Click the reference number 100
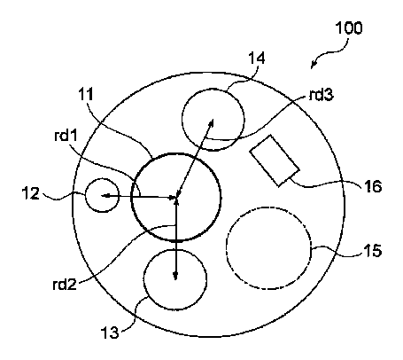click(x=349, y=28)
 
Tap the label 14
click(x=257, y=58)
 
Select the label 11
click(x=86, y=95)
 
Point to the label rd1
click(x=66, y=136)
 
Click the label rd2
click(x=65, y=285)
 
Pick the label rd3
click(x=321, y=95)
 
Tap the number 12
click(x=31, y=194)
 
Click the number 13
click(x=110, y=333)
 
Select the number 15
click(x=373, y=251)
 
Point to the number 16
click(x=373, y=187)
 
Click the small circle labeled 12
click(x=85, y=195)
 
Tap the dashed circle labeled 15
click(x=226, y=247)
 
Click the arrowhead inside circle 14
click(x=211, y=122)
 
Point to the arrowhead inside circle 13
click(x=175, y=276)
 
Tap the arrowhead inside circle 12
click(x=105, y=195)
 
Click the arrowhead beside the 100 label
click(x=314, y=65)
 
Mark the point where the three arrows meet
click(x=176, y=197)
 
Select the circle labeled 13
click(x=143, y=279)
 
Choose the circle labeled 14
click(x=182, y=119)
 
